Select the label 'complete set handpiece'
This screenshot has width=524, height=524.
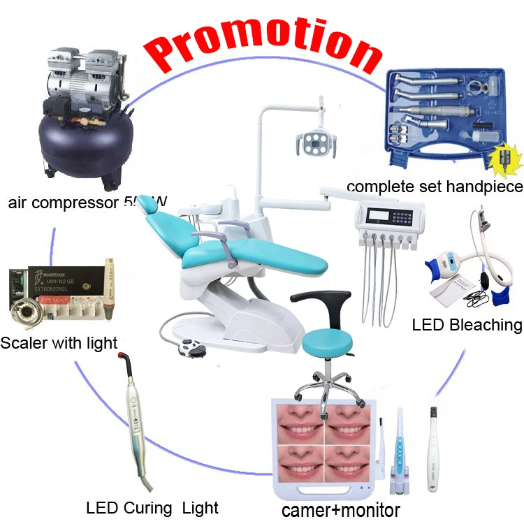[434, 187]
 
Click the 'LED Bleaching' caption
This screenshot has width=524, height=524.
[467, 324]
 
